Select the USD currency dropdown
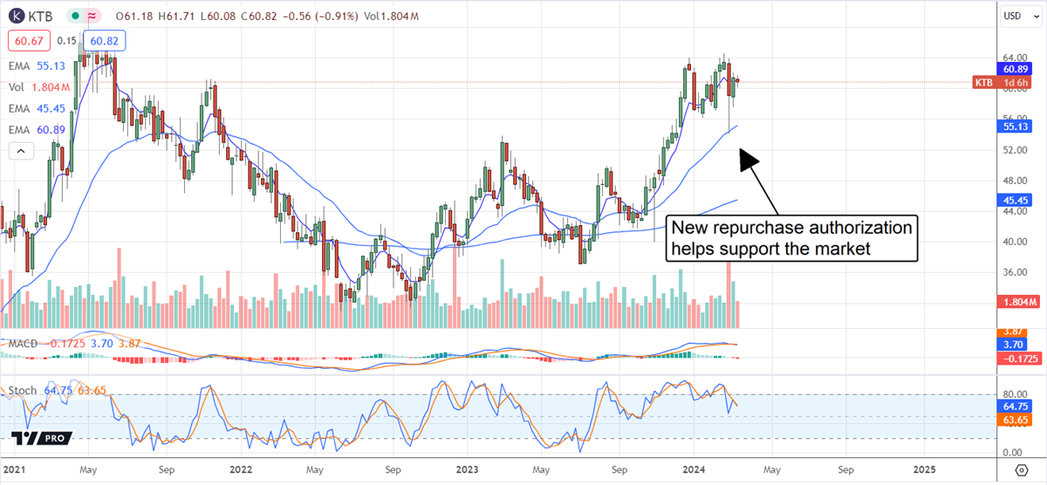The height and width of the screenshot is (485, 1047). tap(1012, 15)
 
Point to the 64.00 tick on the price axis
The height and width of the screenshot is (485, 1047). tap(1012, 58)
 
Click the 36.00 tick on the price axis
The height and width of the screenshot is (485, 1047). tap(1012, 272)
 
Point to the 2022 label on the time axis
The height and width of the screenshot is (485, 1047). tap(241, 468)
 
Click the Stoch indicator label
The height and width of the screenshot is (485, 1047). tap(23, 390)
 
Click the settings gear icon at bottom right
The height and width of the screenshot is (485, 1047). tap(1030, 468)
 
